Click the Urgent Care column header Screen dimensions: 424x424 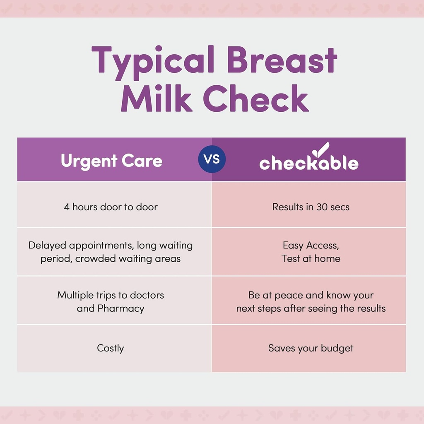[111, 161]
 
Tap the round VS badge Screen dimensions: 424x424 [212, 159]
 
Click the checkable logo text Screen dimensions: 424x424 [308, 163]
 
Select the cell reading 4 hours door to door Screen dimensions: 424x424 [111, 207]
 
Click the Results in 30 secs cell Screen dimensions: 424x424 [311, 207]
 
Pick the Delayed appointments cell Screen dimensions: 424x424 [111, 252]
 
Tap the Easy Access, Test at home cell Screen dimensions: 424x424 [311, 252]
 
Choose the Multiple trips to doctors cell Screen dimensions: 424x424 [111, 301]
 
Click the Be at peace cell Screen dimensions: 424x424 [311, 301]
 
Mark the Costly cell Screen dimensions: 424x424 [111, 348]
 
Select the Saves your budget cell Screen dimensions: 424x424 [311, 348]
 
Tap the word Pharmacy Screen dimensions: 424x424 [121, 308]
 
